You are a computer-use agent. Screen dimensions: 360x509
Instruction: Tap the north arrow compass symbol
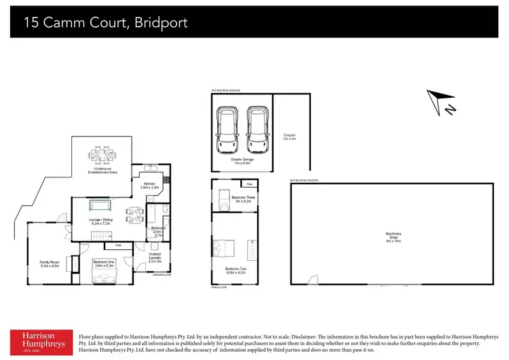point(440,102)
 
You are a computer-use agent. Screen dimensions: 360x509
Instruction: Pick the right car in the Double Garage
point(257,129)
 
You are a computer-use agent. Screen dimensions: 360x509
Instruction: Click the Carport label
point(289,137)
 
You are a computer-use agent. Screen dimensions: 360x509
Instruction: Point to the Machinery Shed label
point(393,237)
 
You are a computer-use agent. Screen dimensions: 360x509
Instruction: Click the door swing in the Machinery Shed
point(312,280)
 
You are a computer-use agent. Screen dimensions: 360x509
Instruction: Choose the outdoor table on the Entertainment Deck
point(103,156)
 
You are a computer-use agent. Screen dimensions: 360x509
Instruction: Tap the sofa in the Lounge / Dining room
point(100,206)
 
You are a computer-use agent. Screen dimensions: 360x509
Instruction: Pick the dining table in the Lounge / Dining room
point(134,215)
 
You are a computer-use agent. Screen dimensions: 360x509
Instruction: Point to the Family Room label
point(50,264)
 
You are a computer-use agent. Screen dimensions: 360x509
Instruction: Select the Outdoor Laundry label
point(154,257)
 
